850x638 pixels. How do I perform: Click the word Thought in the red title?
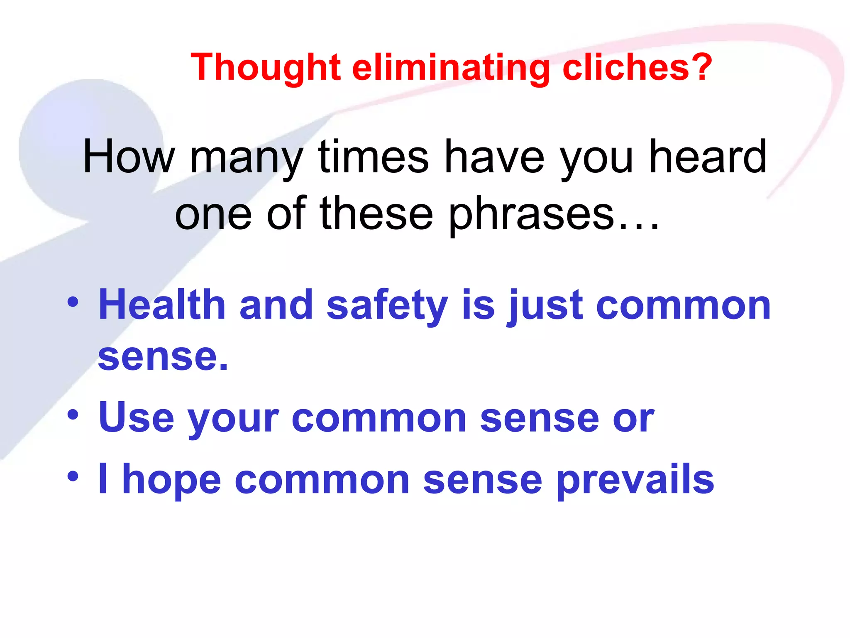pos(266,67)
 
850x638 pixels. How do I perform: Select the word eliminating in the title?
pos(451,67)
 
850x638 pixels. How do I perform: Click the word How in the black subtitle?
pos(129,157)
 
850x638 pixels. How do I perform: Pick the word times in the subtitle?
pos(374,157)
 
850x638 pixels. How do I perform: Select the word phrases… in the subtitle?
pos(554,215)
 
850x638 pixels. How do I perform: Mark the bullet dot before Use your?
pos(73,415)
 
